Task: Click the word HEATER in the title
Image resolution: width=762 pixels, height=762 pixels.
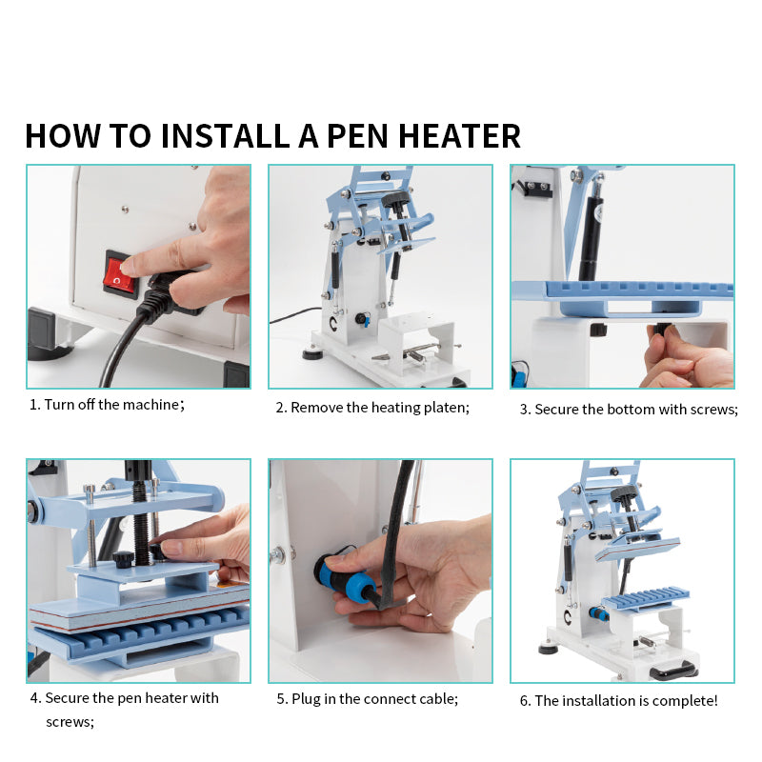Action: tap(459, 135)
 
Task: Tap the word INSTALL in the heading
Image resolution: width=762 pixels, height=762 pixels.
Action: tap(226, 135)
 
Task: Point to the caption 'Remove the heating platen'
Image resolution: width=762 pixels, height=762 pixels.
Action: tap(379, 408)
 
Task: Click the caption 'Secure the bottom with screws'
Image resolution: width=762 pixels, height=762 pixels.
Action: tap(636, 410)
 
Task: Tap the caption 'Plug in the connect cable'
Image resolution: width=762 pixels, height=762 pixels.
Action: tap(374, 699)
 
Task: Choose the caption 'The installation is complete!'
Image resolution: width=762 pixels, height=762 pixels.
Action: tap(626, 701)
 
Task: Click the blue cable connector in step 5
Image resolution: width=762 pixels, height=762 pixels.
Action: tap(342, 572)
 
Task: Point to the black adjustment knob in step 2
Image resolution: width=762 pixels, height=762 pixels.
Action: tap(395, 199)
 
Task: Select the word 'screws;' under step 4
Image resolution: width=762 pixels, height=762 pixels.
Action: tap(70, 722)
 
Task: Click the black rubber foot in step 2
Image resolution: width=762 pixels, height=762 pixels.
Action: tap(312, 353)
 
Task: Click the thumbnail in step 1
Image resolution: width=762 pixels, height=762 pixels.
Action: tap(138, 276)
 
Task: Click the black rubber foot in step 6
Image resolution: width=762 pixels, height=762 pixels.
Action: tap(549, 649)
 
